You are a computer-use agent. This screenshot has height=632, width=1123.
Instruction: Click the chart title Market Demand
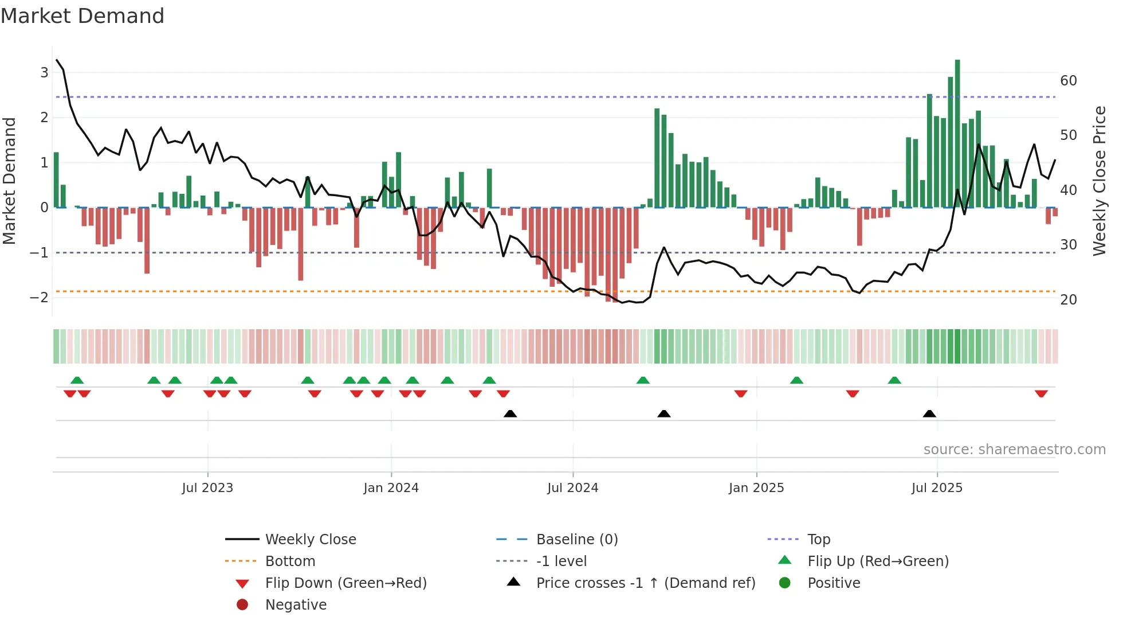click(x=83, y=16)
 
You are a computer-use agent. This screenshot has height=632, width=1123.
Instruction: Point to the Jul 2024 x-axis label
click(x=572, y=488)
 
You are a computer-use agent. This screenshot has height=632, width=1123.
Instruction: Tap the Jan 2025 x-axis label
click(x=756, y=488)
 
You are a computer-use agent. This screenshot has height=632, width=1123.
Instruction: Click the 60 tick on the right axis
click(x=1068, y=81)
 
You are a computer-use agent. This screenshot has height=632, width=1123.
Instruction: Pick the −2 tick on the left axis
click(x=39, y=297)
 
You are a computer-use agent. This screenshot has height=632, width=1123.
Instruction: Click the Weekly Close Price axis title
click(x=1099, y=181)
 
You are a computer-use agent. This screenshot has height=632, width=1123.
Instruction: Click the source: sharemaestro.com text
click(x=1014, y=450)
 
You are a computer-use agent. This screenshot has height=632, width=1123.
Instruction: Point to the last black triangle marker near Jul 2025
click(x=929, y=414)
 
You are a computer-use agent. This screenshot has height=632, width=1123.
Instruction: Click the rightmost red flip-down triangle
click(x=1041, y=393)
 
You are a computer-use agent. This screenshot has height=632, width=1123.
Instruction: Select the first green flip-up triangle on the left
click(x=77, y=380)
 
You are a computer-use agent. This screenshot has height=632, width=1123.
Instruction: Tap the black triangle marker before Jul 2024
click(x=510, y=414)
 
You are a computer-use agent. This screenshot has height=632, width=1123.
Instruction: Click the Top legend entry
click(x=818, y=540)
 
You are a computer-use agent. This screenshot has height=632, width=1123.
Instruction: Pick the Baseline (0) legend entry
click(x=576, y=540)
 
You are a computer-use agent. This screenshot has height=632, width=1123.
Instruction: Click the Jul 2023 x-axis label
click(x=207, y=488)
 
